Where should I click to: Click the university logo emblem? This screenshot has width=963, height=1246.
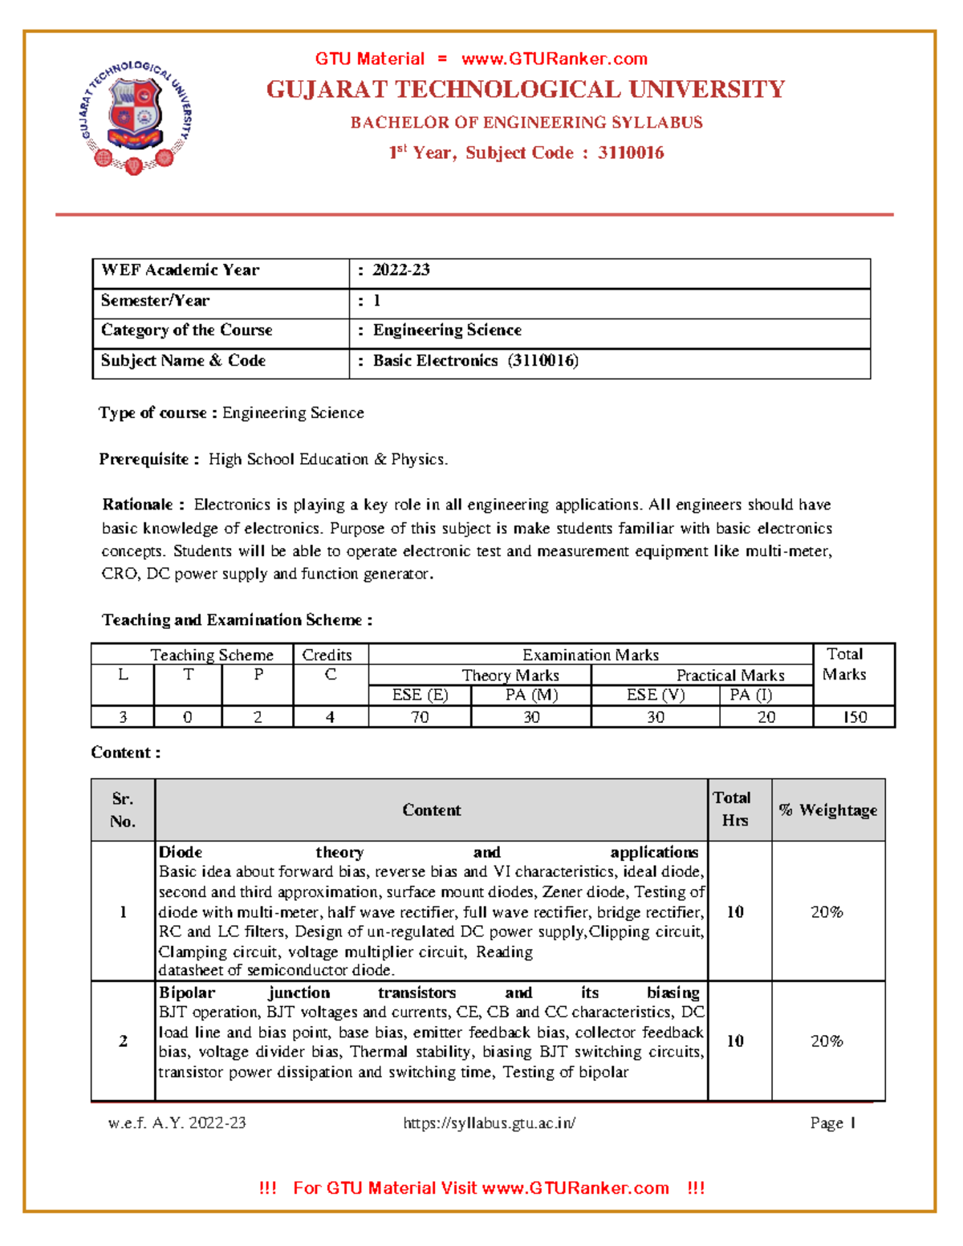point(136,116)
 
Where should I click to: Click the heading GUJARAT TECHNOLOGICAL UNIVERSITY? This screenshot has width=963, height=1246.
point(526,89)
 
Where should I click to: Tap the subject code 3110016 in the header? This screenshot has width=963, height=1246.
point(631,152)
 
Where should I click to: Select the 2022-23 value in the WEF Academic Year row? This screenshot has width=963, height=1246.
point(400,270)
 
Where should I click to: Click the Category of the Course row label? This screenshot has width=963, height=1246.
point(187,331)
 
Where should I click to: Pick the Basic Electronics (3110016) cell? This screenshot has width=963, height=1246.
point(475,361)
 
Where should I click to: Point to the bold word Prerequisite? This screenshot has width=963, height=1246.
point(144,459)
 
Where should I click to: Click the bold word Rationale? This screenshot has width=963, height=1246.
point(137,505)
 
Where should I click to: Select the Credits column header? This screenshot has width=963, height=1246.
point(327,655)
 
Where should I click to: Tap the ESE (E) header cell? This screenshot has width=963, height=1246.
point(420,695)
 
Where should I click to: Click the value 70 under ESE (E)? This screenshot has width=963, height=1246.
point(420,717)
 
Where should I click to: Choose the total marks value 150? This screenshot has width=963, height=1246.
point(855,717)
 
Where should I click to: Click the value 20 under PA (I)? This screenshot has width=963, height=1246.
point(766,717)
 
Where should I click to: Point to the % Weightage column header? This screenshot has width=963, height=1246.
point(828,810)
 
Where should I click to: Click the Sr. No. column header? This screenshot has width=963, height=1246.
point(123,810)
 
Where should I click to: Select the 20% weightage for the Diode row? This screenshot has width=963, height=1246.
point(827,912)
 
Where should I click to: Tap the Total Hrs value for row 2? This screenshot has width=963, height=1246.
point(735,1041)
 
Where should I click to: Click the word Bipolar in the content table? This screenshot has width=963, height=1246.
point(187,993)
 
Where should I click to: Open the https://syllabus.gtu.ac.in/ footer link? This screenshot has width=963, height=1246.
point(489,1123)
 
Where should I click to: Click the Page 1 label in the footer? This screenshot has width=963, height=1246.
point(832,1123)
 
